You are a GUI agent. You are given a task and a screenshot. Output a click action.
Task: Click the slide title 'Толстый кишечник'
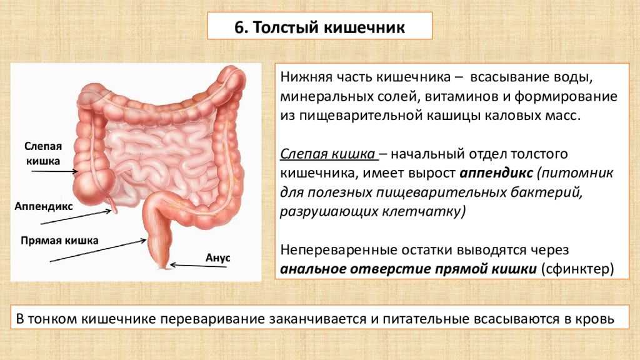[x=329, y=27]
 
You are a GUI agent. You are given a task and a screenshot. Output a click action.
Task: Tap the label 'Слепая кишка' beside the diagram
[x=43, y=154]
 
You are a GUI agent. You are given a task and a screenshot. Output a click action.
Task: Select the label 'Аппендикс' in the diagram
[x=44, y=206]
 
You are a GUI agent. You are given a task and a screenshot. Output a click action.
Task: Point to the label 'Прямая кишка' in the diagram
[x=59, y=241]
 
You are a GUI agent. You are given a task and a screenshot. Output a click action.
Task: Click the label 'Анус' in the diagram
[x=217, y=258]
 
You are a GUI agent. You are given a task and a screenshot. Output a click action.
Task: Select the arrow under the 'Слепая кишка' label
[x=55, y=171]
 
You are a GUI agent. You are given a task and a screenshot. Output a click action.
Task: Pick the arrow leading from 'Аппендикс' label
[x=76, y=217]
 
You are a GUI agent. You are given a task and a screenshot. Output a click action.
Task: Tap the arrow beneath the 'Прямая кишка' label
[x=98, y=251]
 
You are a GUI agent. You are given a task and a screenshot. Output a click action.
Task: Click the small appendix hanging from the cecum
[x=112, y=204]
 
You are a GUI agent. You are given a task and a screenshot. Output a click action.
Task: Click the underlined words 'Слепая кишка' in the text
[x=327, y=154]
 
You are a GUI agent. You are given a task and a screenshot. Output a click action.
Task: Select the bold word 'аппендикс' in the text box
[x=496, y=173]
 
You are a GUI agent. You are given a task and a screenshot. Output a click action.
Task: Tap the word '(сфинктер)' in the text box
[x=577, y=269]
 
